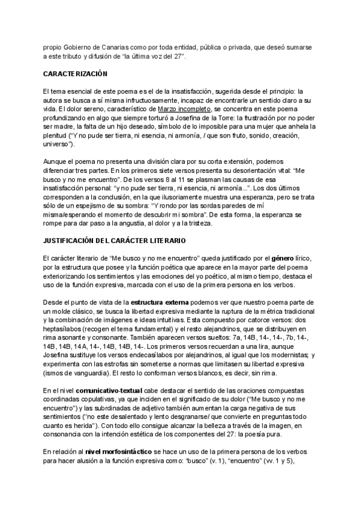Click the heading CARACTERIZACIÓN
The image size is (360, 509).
click(x=74, y=74)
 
